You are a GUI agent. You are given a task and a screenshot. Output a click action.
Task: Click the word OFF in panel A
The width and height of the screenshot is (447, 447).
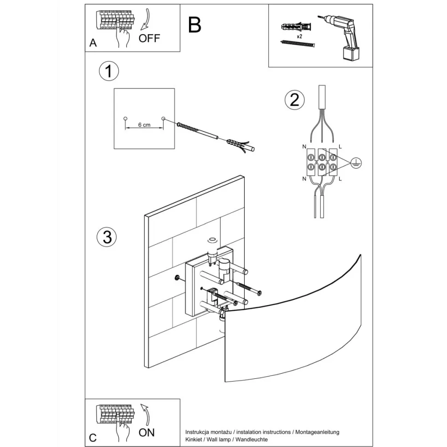point(149,38)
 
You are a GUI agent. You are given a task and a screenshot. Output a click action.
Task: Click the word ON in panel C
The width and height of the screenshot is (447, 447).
point(147,432)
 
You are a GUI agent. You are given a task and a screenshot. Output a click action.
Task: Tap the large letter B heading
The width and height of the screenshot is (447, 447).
point(195,25)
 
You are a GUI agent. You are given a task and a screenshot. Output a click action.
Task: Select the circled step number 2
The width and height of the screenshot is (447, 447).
point(294,100)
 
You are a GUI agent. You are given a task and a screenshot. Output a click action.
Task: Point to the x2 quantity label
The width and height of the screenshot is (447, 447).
point(299,35)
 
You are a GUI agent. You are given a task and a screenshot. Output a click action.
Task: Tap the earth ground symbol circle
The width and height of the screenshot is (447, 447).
point(356,161)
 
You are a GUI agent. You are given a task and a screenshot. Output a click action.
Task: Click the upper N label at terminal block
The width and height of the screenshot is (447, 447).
point(304,147)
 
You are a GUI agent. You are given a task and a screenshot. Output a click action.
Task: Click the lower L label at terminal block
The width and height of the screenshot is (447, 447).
point(340,178)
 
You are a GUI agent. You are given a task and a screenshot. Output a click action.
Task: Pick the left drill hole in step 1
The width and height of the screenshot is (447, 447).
point(125,119)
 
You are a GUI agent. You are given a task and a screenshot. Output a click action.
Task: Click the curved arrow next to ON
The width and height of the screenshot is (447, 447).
point(146,413)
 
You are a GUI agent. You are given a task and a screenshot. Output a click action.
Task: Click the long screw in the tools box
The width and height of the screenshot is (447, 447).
point(297,44)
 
